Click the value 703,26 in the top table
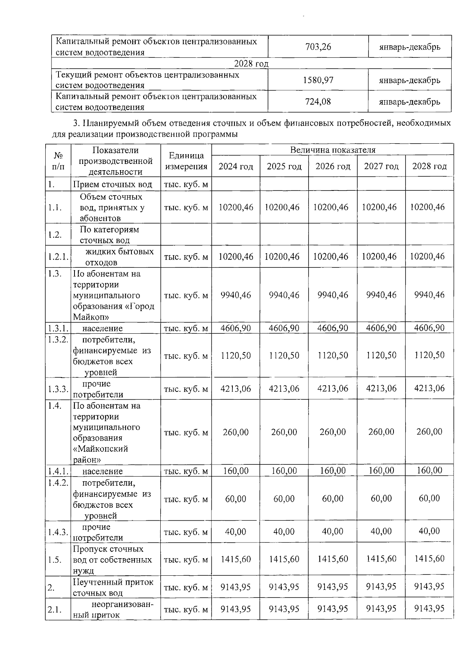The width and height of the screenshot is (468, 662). tap(318, 47)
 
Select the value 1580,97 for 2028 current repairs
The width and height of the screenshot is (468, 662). tap(318, 80)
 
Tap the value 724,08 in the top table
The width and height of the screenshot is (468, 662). tap(318, 101)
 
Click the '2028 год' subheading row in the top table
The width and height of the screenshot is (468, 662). tap(251, 64)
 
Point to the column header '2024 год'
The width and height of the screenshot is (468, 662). tap(236, 167)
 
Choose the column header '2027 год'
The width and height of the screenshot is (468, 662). tap(381, 167)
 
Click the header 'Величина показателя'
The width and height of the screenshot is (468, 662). tap(332, 150)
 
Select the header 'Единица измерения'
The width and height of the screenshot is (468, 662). tap(186, 161)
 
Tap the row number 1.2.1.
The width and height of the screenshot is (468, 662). tap(58, 257)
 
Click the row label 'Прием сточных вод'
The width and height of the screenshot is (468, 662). tap(115, 184)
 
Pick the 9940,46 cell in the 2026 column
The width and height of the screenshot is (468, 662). tap(333, 295)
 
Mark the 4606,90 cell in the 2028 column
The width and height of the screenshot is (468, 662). tap(429, 328)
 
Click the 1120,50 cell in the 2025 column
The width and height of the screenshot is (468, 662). tap(284, 356)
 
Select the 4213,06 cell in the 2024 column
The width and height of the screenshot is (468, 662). tap(236, 389)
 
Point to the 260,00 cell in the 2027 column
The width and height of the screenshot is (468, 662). tap(381, 432)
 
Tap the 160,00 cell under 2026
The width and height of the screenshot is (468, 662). tap(333, 471)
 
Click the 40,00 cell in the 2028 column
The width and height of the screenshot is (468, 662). tap(429, 531)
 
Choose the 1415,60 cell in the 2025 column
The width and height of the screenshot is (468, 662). tap(284, 559)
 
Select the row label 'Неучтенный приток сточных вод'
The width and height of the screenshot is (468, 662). tap(113, 587)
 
